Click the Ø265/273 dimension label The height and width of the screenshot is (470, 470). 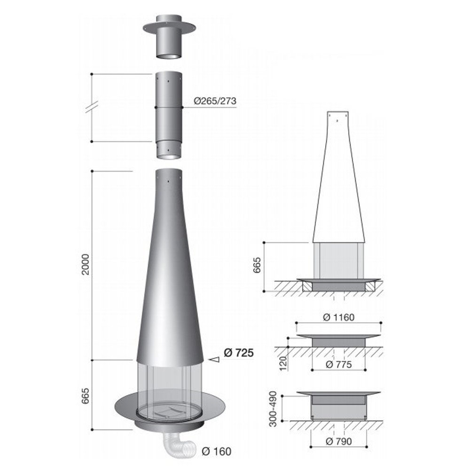coord(215,101)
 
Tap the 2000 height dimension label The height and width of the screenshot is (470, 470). coord(86,264)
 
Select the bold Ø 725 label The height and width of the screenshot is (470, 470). coord(239,353)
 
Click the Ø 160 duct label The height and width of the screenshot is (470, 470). coord(216,451)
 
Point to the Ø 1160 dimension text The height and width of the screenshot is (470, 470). coord(339,317)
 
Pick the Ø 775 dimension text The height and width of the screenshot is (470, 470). coord(339,365)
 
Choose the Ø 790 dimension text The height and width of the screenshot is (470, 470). coord(339,441)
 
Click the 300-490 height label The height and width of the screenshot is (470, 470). coord(273,409)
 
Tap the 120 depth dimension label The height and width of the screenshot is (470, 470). coord(283,363)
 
